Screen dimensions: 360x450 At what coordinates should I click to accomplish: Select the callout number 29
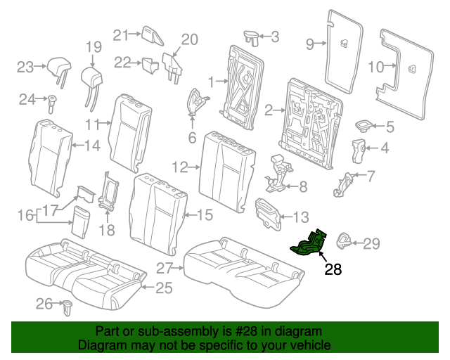371,244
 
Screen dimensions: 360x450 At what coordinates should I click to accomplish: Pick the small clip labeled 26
68,306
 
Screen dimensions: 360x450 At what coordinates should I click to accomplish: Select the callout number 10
376,67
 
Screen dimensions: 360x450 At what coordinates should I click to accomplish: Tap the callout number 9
309,44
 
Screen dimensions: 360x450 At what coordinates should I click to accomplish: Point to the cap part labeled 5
364,126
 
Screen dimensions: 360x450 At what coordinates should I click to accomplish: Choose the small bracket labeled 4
358,149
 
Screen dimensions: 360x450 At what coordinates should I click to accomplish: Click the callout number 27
165,268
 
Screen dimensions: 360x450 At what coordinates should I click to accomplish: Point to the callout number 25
164,287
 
